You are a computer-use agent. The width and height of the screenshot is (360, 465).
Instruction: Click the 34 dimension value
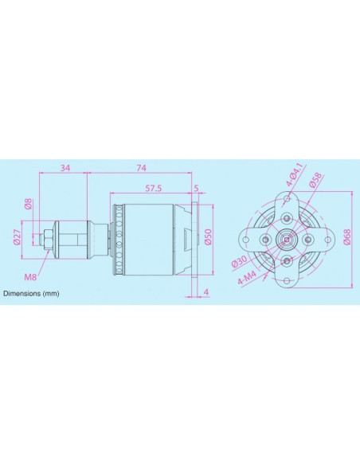(x=65, y=168)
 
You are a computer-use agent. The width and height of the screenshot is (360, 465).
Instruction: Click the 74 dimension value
(x=141, y=168)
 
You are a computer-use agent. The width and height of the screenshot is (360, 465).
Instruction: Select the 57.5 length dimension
(x=154, y=188)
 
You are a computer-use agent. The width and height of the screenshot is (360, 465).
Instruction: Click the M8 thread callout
(x=30, y=277)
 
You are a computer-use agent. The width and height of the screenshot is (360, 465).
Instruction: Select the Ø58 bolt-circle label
(x=316, y=184)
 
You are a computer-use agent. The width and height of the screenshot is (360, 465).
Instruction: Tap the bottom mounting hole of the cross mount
(x=286, y=272)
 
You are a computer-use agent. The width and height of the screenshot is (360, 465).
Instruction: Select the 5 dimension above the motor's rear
(x=197, y=188)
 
